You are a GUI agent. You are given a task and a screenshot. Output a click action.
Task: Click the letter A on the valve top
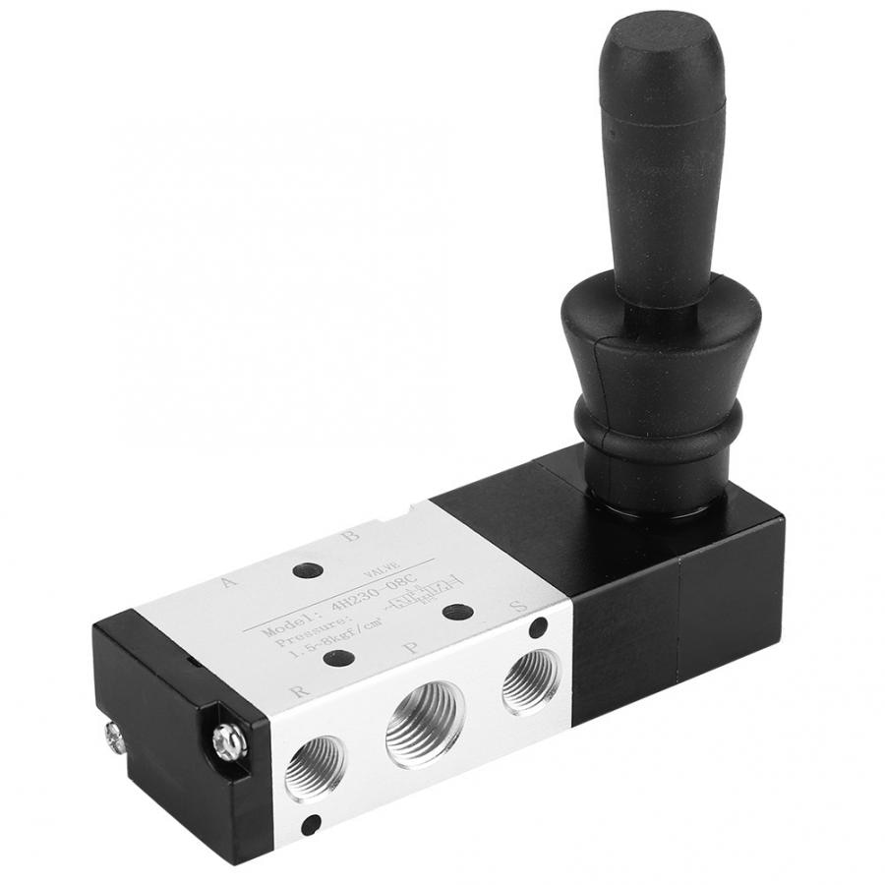[229, 581]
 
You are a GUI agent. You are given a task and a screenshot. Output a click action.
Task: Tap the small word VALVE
[380, 570]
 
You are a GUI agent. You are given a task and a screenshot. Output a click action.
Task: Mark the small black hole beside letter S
[539, 625]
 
